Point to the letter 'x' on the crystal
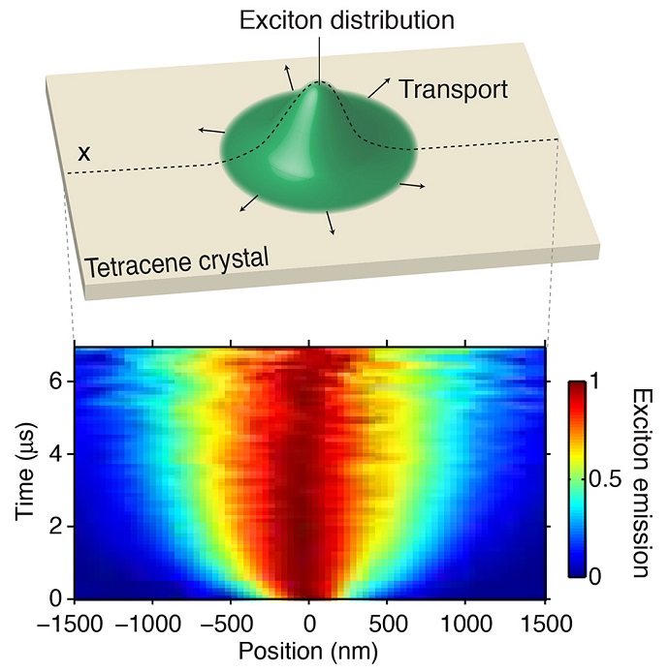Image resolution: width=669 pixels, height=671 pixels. (85, 153)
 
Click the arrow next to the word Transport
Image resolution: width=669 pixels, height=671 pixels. (379, 88)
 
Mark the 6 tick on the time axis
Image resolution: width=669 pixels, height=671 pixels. (58, 381)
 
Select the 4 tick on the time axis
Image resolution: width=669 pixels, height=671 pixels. (58, 453)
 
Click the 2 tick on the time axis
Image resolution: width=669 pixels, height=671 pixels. (58, 527)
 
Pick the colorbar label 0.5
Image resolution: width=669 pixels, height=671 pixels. (599, 479)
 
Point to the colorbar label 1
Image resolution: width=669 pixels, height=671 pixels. (593, 382)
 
